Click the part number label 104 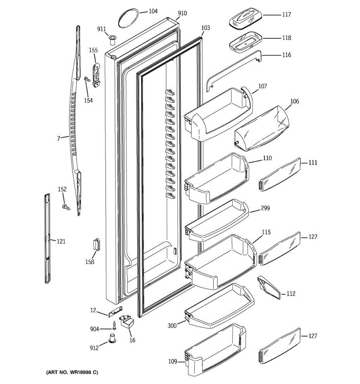point(153,11)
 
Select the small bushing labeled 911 point(112,41)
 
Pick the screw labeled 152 point(66,207)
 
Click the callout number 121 point(61,241)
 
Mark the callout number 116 point(287,55)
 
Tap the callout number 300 point(172,326)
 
